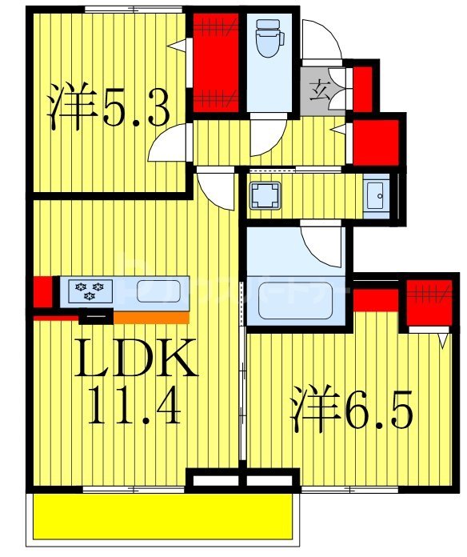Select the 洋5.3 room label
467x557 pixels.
coord(108,108)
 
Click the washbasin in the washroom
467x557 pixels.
coord(375,194)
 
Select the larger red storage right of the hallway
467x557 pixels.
coord(376,142)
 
